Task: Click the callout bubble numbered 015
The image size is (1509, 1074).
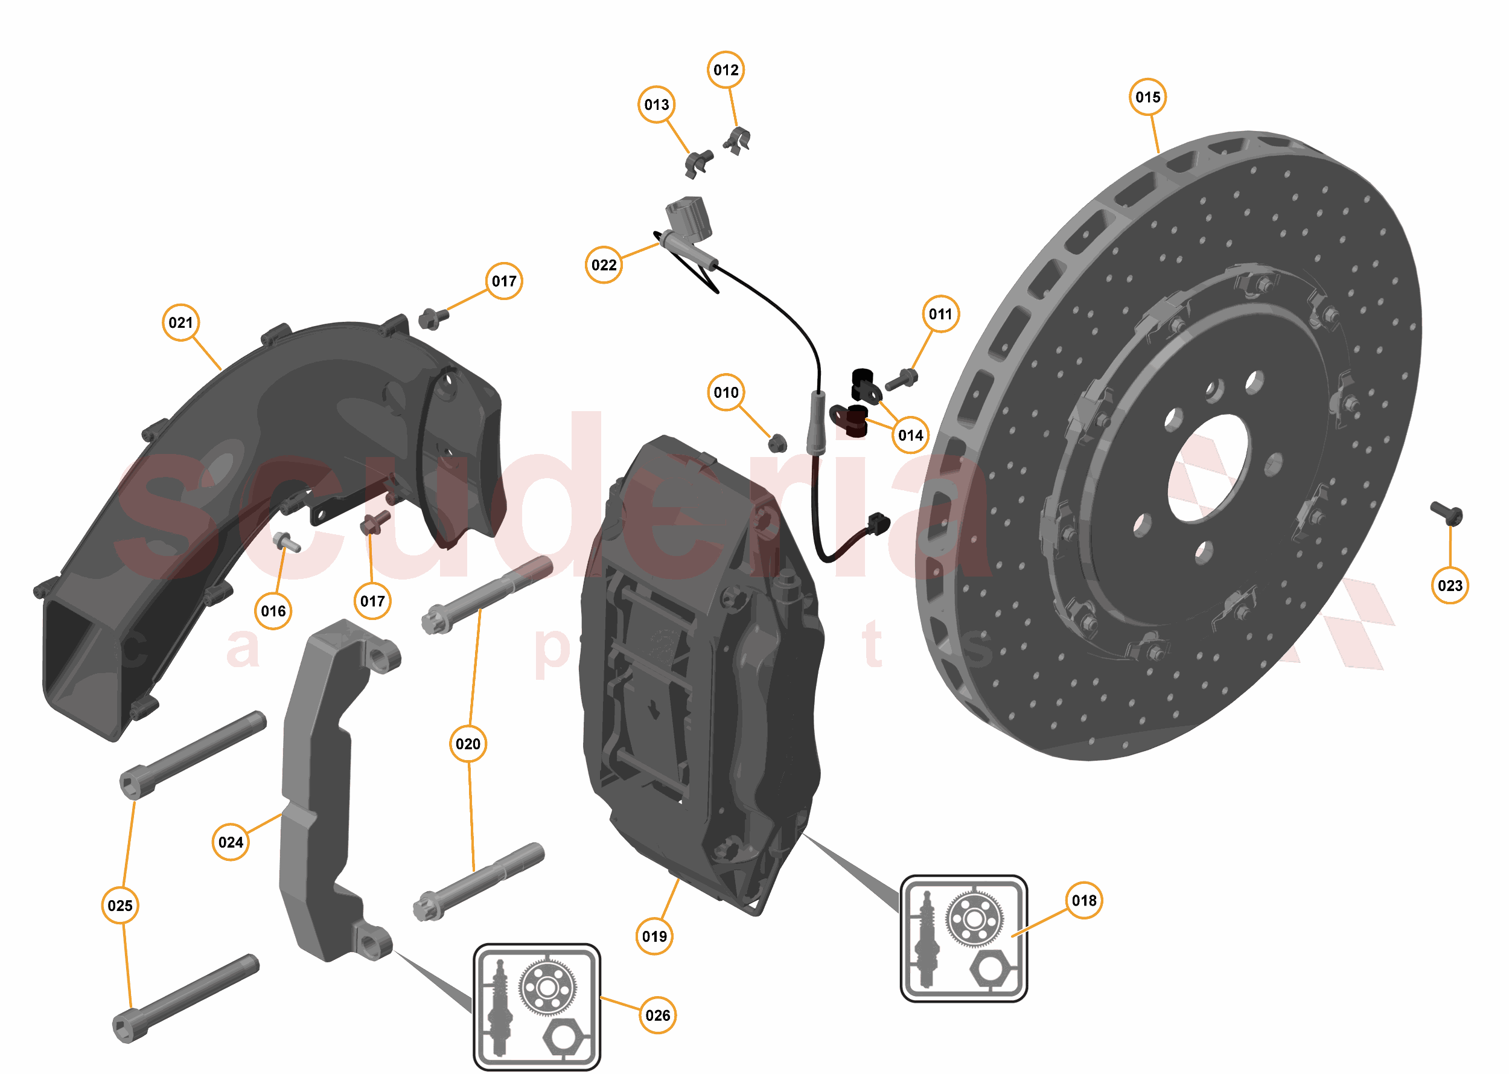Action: (x=1147, y=97)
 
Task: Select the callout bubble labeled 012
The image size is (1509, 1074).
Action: (x=726, y=70)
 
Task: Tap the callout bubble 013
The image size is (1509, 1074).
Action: (x=657, y=104)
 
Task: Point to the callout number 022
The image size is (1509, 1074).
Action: (x=604, y=265)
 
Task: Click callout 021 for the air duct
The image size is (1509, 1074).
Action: (x=180, y=323)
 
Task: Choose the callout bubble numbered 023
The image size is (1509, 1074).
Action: (x=1449, y=585)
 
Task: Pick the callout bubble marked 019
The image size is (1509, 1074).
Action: (x=655, y=936)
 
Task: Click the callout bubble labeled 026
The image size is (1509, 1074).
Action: (x=657, y=1015)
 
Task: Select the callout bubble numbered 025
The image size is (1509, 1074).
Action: (x=120, y=906)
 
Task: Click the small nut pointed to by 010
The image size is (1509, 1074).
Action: (x=777, y=443)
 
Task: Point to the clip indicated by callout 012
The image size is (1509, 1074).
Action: (x=738, y=140)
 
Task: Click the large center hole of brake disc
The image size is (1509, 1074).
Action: (x=1207, y=466)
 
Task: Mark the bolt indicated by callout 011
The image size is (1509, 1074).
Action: (x=902, y=380)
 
